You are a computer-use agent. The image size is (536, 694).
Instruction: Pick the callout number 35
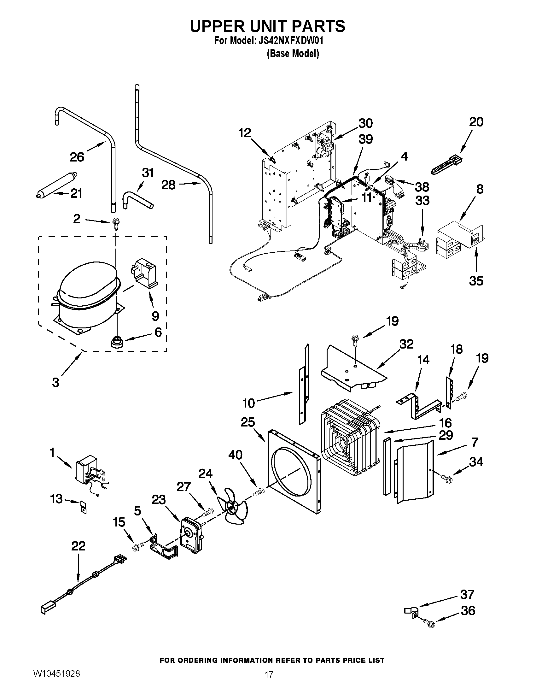point(476,281)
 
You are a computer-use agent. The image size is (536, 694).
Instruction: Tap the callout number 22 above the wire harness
point(78,546)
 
